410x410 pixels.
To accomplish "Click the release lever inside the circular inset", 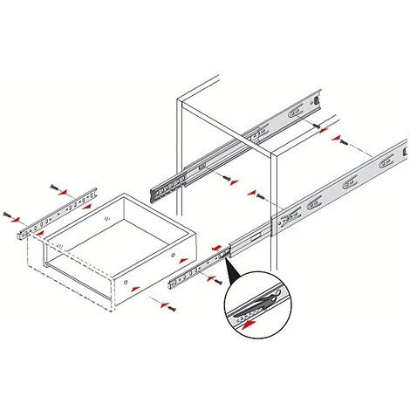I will [x=260, y=298].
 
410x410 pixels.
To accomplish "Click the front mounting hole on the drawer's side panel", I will [x=127, y=285].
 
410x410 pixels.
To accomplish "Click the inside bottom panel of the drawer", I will [x=122, y=241].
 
